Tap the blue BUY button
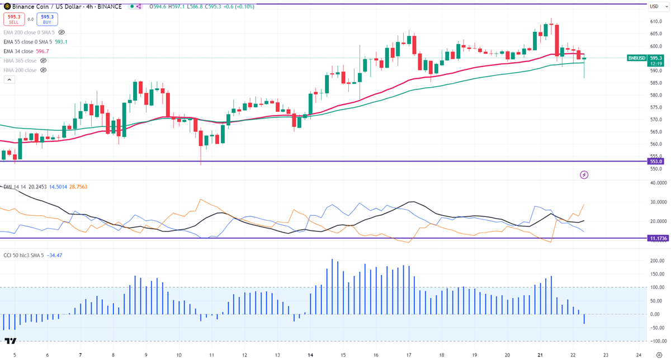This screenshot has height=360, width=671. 46,20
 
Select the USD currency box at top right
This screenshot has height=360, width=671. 654,7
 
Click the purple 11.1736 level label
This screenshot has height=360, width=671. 657,238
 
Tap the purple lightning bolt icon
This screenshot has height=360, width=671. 585,175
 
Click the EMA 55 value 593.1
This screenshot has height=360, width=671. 62,42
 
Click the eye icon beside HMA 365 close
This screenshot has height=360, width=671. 44,60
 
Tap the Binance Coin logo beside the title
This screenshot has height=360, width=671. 7,7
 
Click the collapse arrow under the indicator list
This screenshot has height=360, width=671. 9,80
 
